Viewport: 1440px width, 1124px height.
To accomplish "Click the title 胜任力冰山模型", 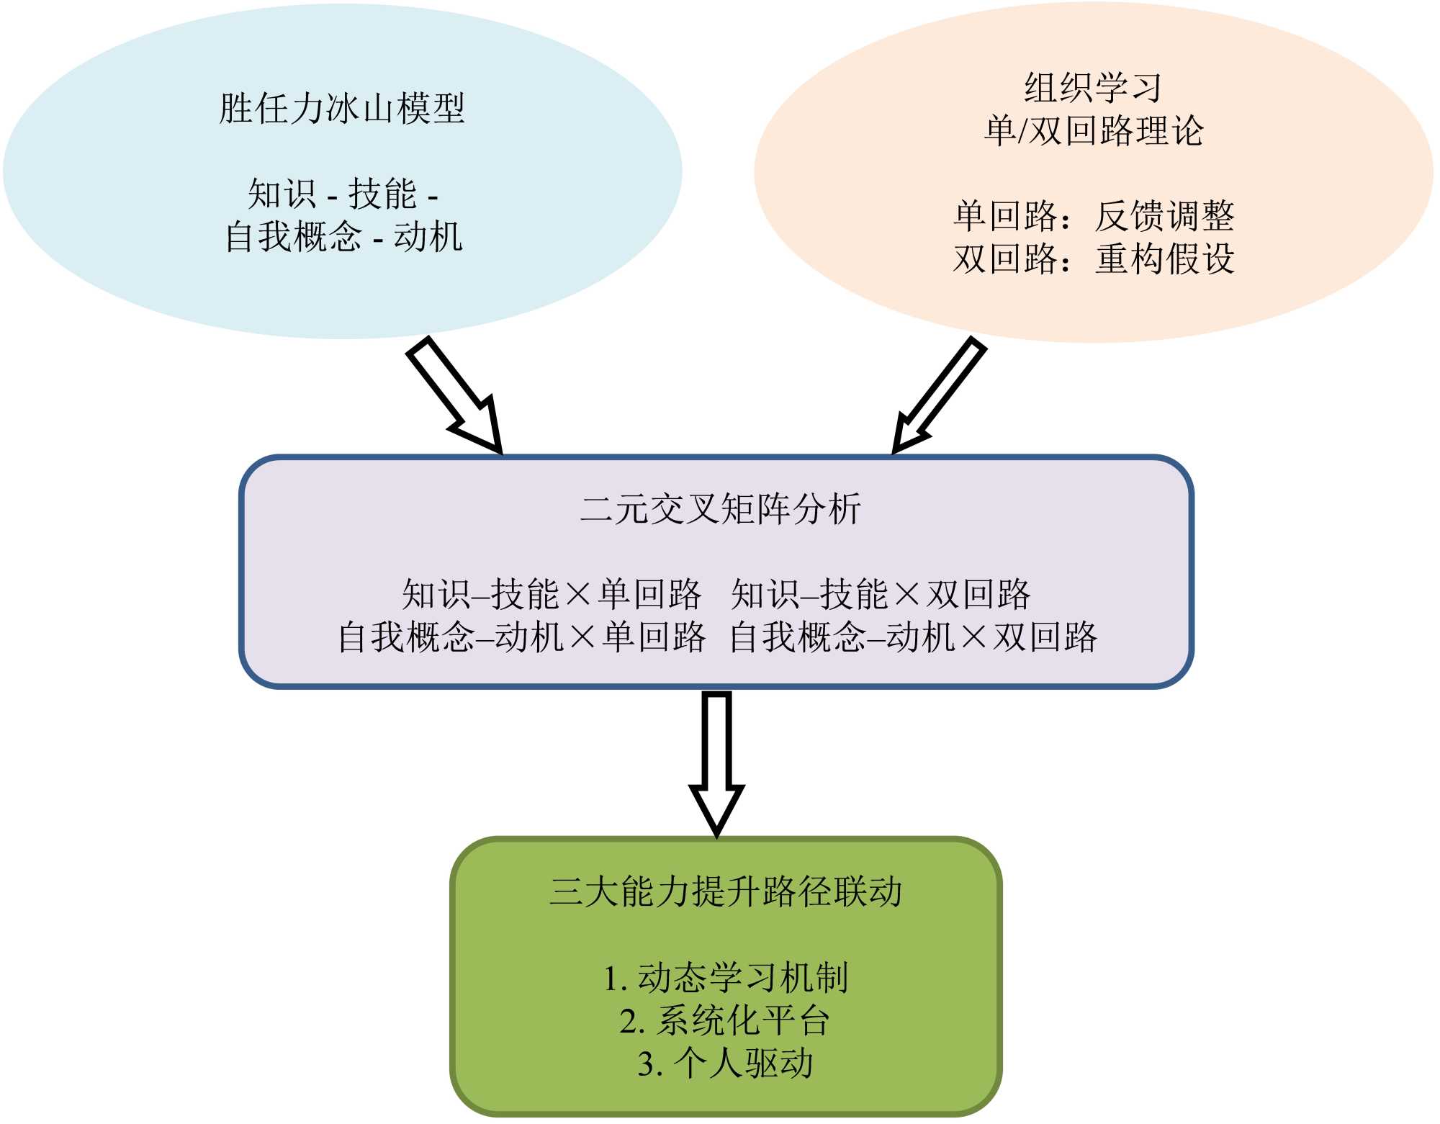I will point(342,109).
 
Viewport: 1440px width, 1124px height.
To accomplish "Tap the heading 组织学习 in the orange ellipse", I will point(1093,88).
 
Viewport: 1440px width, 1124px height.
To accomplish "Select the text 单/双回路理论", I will point(1093,131).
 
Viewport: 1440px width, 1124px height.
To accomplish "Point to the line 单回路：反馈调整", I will point(1093,216).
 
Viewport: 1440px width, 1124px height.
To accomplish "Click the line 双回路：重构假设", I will point(1093,259).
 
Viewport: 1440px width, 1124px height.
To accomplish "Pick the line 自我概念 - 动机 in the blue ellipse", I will point(343,237).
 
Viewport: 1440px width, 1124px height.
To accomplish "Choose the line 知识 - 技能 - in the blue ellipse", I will point(343,194).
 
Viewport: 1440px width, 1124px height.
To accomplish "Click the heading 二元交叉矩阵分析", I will point(720,509).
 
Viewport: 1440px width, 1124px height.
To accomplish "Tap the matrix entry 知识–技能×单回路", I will point(551,595).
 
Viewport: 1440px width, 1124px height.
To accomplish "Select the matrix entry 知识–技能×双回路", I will point(881,595).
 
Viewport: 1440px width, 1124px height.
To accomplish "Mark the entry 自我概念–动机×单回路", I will point(521,637).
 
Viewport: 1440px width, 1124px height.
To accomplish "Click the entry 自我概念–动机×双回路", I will point(913,637).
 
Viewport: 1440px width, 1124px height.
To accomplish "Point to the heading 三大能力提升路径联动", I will point(725,891).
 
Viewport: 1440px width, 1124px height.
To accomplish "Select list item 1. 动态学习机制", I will point(725,978).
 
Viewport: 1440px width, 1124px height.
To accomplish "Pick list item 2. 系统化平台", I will point(725,1020).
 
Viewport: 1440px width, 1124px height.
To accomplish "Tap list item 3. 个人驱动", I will point(725,1064).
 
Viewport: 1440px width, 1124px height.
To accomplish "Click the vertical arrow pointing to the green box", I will point(716,763).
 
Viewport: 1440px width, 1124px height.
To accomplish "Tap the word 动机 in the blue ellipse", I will point(428,237).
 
